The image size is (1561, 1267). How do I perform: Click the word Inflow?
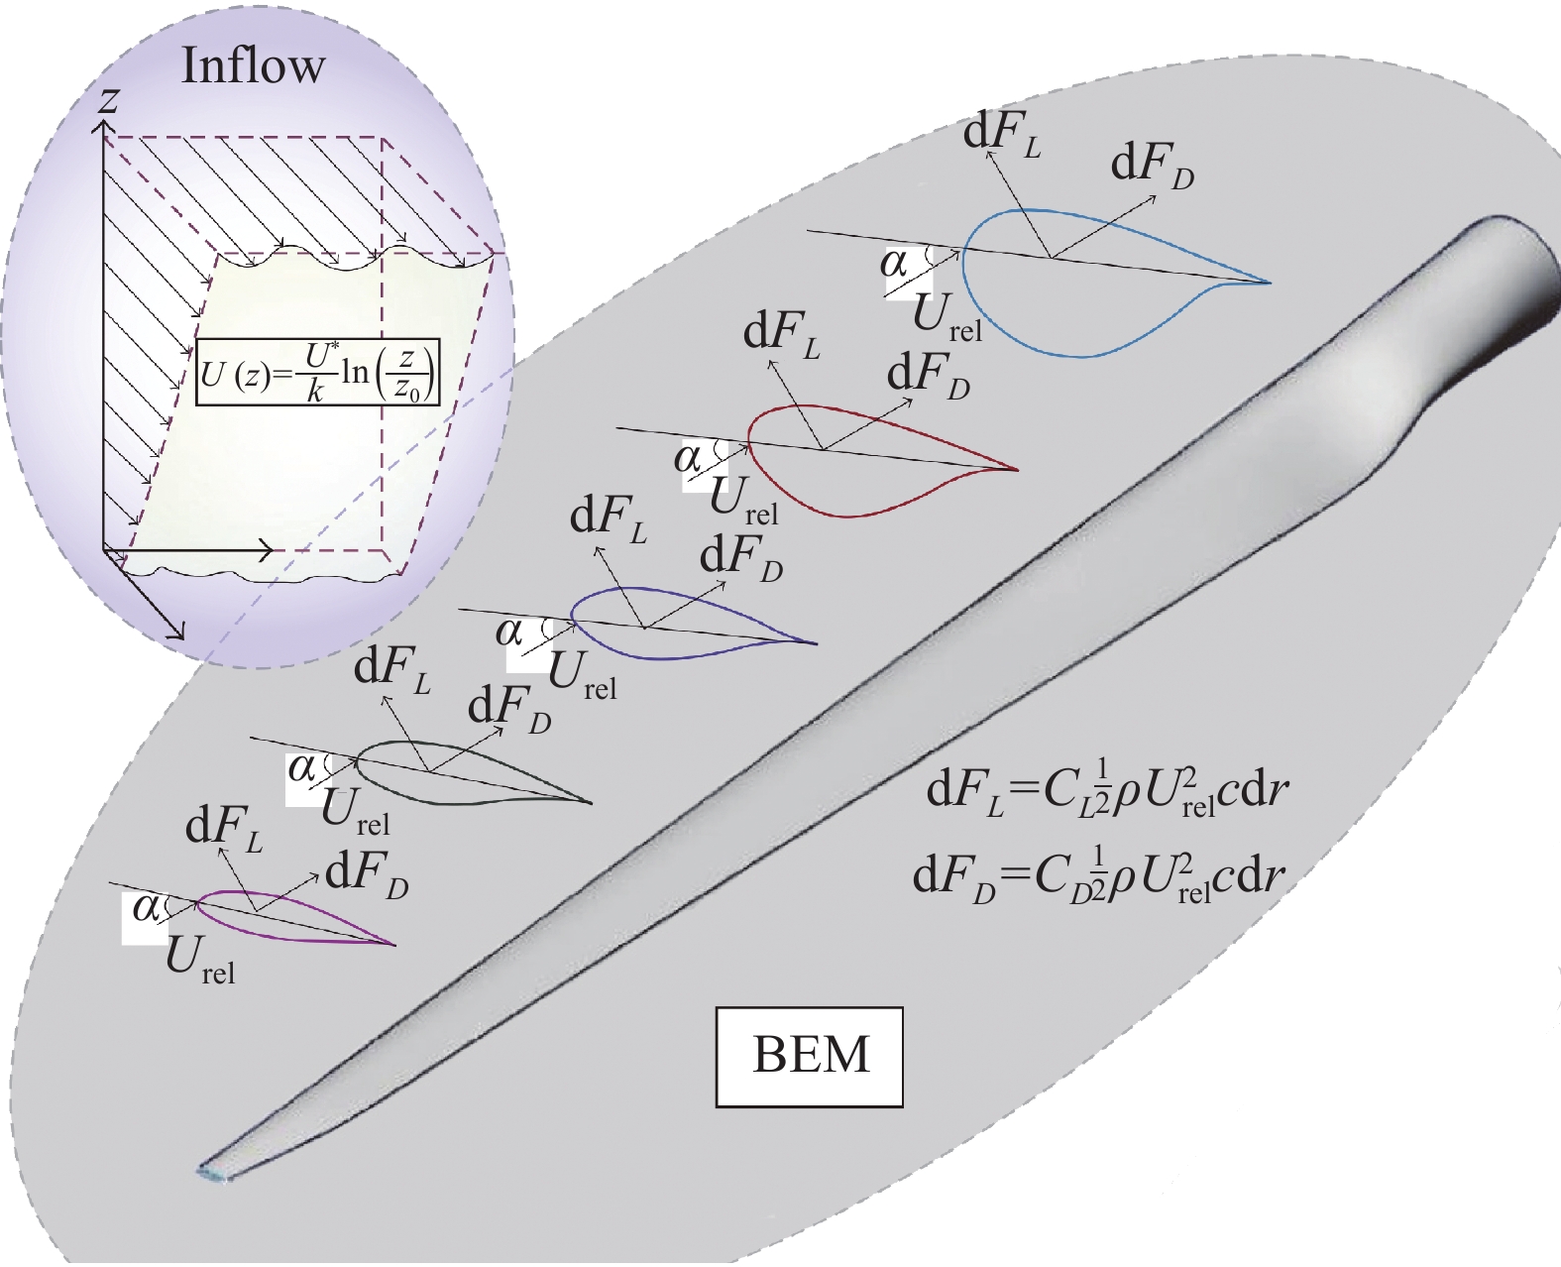(253, 66)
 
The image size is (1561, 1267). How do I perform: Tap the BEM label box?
(809, 1056)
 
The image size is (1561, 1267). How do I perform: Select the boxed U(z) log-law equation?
(318, 372)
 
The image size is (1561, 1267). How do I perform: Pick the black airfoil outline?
(466, 798)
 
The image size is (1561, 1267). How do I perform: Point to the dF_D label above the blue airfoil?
(1152, 165)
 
